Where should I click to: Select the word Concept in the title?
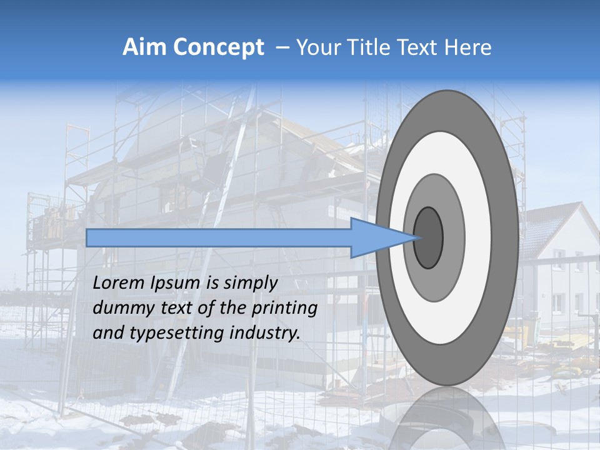219,48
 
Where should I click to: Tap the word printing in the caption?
286,308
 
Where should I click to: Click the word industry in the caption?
265,332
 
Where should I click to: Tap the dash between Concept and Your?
282,48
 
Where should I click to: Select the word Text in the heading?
416,47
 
